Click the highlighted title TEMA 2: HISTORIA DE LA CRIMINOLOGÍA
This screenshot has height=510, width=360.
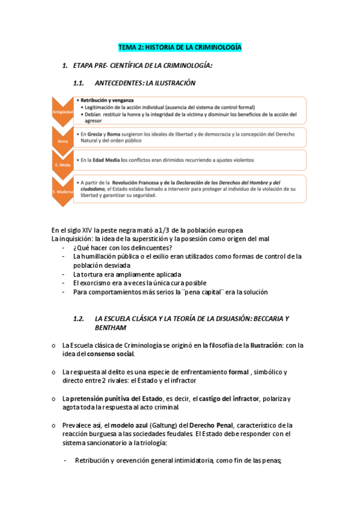[180, 46]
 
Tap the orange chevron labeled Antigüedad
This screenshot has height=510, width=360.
[63, 111]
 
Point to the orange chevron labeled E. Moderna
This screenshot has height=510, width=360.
[63, 190]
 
